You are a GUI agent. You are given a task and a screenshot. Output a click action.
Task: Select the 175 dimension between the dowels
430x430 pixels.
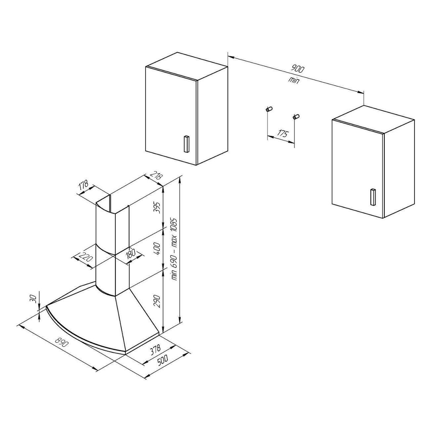pyautogui.click(x=283, y=133)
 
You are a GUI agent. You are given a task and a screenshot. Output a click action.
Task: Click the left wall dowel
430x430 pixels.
pyautogui.click(x=269, y=109)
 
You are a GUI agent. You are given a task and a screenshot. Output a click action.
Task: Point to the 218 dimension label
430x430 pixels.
pyautogui.click(x=156, y=176)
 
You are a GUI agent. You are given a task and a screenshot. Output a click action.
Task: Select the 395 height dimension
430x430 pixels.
pyautogui.click(x=158, y=207)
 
